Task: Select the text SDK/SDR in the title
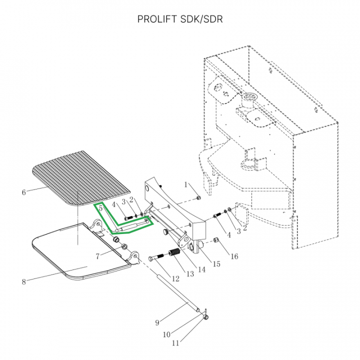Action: pos(202,20)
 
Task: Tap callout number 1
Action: pos(186,185)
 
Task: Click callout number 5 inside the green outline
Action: pos(100,208)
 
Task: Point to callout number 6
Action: pos(23,192)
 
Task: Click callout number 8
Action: pos(23,281)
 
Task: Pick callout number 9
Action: pos(157,322)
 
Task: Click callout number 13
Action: pos(189,274)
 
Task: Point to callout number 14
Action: pos(202,269)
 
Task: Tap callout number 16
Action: pos(233,256)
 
